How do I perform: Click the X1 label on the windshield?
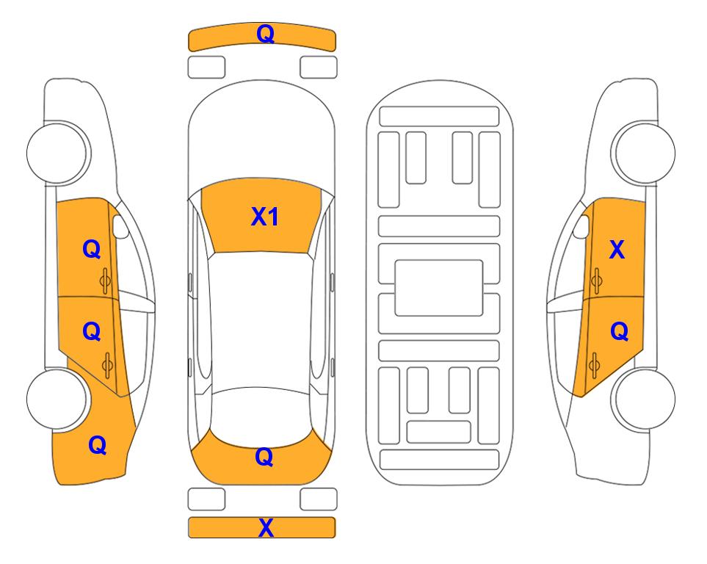(x=265, y=217)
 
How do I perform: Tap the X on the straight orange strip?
(x=266, y=528)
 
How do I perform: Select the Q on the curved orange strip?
(x=266, y=34)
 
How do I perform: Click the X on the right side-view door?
(x=617, y=250)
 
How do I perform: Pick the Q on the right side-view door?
(x=620, y=332)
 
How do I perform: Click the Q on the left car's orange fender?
(x=98, y=445)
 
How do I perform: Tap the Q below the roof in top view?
(x=264, y=457)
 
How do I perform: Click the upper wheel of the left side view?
(x=58, y=153)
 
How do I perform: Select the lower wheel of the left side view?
(x=58, y=399)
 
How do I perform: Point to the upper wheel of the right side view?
(x=643, y=153)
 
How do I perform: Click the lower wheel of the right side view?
(x=643, y=399)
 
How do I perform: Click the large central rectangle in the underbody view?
(x=439, y=288)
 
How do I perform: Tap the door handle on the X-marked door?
(x=596, y=281)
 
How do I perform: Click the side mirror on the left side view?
(x=120, y=226)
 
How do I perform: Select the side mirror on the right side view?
(x=581, y=226)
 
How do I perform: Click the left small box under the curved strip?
(x=206, y=68)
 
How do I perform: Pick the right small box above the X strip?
(x=319, y=499)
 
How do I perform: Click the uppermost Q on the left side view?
(x=92, y=249)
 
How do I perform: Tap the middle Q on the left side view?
(x=92, y=332)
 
